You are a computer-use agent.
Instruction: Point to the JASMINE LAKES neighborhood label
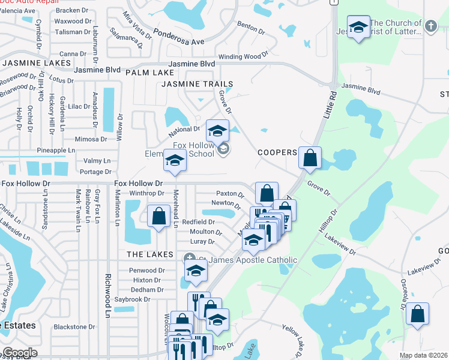tap(33, 63)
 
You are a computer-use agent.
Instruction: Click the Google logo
tap(19, 353)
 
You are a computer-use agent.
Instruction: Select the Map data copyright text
tap(424, 355)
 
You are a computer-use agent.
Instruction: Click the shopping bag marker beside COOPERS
tap(310, 158)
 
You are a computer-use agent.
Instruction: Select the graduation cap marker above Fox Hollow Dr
tap(175, 161)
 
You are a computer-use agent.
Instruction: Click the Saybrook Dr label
tap(132, 299)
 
